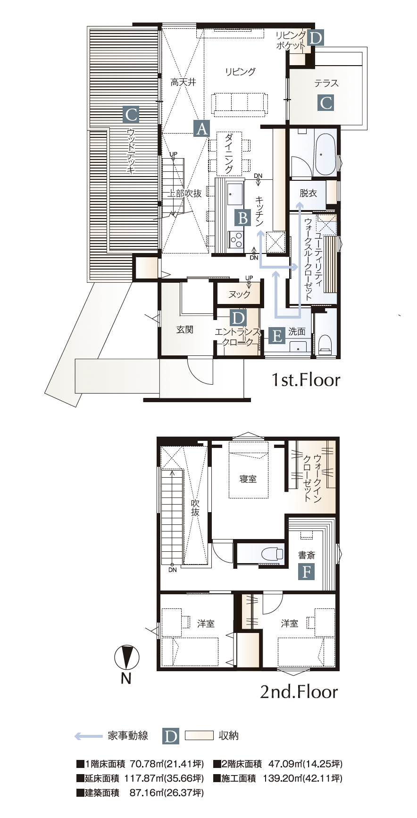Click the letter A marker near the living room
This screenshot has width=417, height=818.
point(201,128)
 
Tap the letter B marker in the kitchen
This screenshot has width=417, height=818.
point(243,218)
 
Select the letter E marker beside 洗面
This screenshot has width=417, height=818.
point(277,336)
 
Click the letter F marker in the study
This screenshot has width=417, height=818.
point(307,572)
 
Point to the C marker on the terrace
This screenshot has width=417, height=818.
point(326,102)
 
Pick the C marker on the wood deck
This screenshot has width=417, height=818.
point(131,114)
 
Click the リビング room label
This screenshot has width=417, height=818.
point(240,72)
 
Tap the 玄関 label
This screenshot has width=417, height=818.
point(184,329)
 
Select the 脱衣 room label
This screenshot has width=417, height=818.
point(308,193)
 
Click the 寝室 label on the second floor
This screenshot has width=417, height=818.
point(248,479)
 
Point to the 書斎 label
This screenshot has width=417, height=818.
point(307,555)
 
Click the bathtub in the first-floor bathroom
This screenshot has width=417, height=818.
point(325,154)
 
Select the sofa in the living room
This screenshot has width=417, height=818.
point(240,104)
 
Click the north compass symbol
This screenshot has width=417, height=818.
point(126,657)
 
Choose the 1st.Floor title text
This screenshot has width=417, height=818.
point(305,380)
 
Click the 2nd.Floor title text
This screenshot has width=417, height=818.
point(299,692)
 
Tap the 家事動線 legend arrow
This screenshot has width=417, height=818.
point(89,735)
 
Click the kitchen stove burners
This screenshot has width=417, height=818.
point(236,239)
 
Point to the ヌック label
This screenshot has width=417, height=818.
point(239,295)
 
